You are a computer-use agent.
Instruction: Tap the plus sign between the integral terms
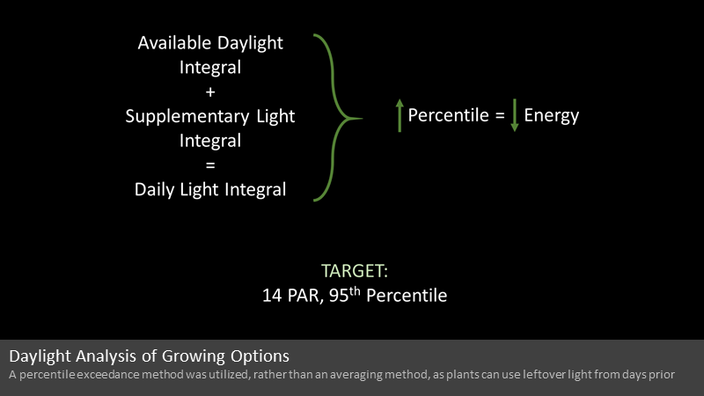click(210, 92)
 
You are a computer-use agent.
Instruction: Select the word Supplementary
click(187, 117)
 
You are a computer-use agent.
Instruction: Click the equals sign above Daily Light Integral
click(210, 165)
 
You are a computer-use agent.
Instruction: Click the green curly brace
click(338, 118)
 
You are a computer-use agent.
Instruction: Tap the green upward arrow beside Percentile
click(400, 116)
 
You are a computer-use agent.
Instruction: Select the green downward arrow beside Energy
click(515, 115)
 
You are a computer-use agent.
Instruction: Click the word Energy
click(552, 116)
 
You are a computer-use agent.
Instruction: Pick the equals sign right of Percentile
click(500, 116)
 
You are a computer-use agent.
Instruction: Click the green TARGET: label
click(355, 271)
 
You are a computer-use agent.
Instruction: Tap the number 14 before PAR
click(272, 296)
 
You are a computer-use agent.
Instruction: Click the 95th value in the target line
click(345, 294)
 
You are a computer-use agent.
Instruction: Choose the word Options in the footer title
click(260, 356)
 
